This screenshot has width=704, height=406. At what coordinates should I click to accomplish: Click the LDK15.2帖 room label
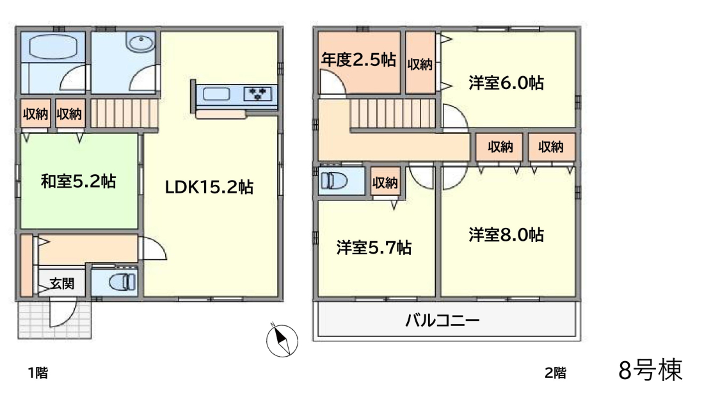pos(209,187)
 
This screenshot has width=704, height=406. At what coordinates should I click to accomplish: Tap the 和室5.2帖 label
pos(79,181)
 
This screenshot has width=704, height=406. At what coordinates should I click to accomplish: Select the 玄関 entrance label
pos(62,284)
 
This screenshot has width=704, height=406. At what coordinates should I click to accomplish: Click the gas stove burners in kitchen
pos(258,94)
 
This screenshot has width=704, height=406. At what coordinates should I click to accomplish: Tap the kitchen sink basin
pos(216,94)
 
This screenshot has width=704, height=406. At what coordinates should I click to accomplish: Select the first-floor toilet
pos(122,282)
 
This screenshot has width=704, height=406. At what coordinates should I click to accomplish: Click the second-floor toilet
pos(333,181)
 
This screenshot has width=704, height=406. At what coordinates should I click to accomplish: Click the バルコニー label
pos(442,320)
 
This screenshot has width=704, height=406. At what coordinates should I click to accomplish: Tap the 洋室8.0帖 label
pos(506,234)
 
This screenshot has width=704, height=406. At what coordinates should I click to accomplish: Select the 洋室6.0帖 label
pos(506,83)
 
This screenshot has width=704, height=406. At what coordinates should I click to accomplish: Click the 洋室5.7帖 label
pos(374,247)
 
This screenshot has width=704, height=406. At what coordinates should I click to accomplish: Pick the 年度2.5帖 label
pos(358,60)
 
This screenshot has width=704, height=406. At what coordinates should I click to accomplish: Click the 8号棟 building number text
pos(650,369)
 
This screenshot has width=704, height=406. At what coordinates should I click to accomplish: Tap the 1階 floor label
pos(38,373)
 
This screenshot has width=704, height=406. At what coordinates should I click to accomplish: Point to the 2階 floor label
pos(556,373)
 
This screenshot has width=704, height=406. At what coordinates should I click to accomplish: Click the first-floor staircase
pos(125,113)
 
